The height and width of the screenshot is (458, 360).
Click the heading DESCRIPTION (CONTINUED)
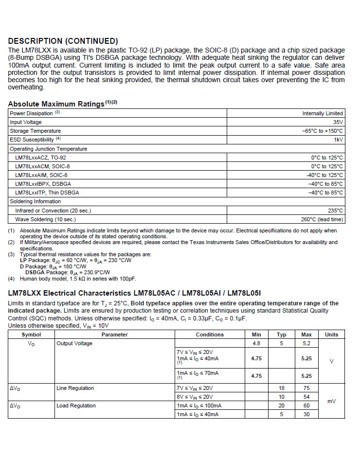(x=63, y=41)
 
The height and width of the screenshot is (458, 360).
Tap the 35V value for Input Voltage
(x=338, y=122)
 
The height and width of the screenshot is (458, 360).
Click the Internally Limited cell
(x=323, y=113)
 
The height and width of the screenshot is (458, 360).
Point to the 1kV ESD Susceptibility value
(x=338, y=140)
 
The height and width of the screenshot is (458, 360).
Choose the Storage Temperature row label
(x=36, y=131)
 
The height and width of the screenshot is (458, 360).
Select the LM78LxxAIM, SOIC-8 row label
(x=41, y=175)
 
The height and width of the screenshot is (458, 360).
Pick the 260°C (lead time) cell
(x=322, y=219)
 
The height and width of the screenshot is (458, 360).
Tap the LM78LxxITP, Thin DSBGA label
(x=47, y=193)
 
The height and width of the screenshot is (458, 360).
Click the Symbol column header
(x=31, y=335)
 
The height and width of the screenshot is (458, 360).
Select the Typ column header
(x=281, y=335)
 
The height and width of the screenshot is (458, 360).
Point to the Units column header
(x=331, y=335)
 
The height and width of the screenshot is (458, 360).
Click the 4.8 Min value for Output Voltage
(x=256, y=343)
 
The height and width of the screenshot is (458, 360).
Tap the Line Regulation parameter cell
(x=75, y=388)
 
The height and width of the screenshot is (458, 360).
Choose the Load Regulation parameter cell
(x=76, y=405)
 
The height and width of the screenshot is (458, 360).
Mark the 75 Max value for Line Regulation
(x=306, y=388)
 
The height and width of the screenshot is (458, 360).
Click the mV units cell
(x=331, y=401)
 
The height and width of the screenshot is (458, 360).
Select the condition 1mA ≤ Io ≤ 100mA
(x=199, y=405)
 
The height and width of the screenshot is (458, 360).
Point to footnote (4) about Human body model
(x=78, y=279)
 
